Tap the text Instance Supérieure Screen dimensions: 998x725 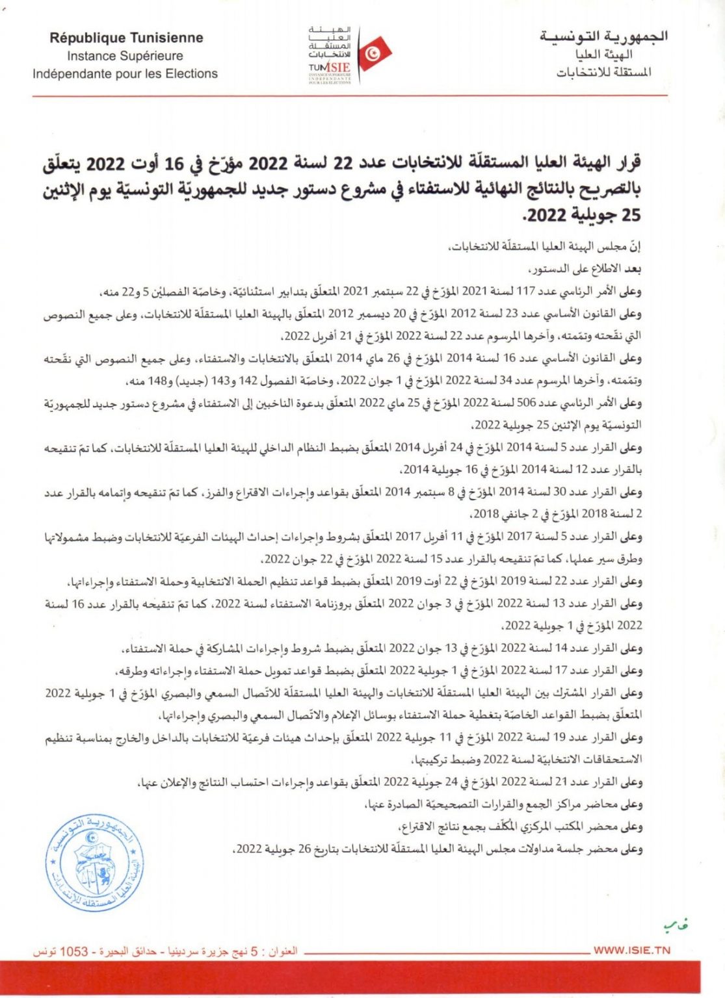pos(125,57)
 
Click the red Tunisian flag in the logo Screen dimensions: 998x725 pos(373,53)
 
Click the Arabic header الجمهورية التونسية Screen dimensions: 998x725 pos(603,36)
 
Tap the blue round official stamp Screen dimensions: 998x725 pos(95,862)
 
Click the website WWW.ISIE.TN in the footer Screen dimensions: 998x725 pos(631,950)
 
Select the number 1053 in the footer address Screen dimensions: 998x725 pos(73,951)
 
